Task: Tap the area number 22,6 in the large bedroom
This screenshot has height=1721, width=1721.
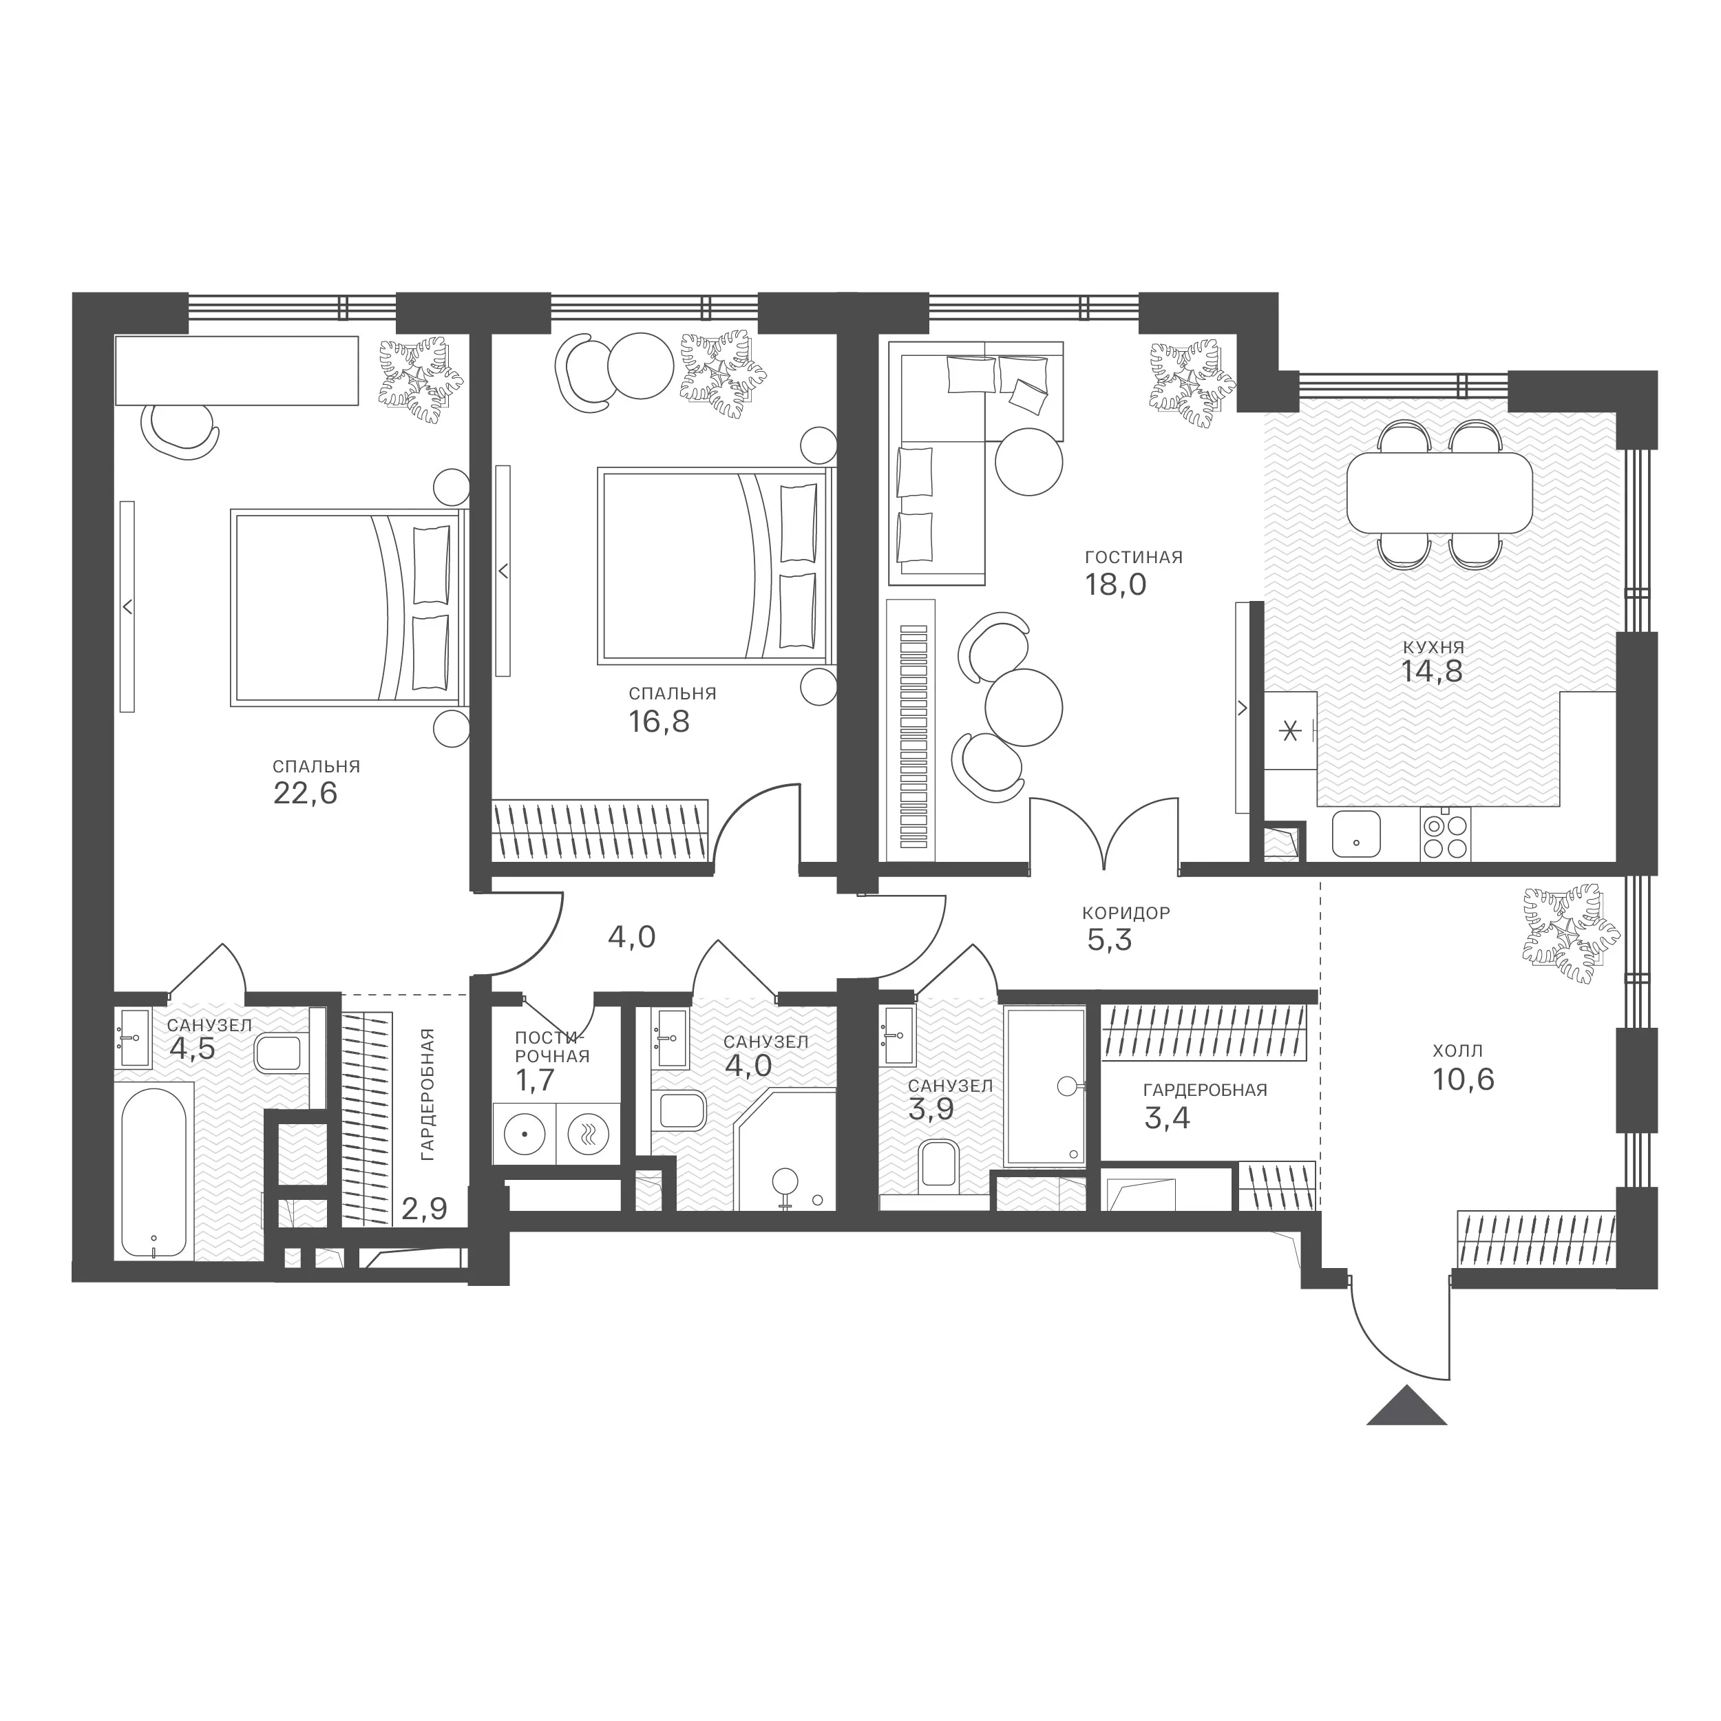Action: tap(306, 793)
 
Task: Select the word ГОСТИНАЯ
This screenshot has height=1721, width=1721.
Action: tap(1133, 558)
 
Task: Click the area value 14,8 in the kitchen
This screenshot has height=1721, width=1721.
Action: tap(1433, 671)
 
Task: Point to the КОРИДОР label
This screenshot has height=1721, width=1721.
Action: tap(1126, 913)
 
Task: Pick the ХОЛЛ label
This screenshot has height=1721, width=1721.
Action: tap(1458, 1051)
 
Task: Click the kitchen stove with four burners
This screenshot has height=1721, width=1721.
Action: tap(1446, 836)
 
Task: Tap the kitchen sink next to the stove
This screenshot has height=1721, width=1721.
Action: tap(1355, 834)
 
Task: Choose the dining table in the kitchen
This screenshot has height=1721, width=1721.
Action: tap(1439, 493)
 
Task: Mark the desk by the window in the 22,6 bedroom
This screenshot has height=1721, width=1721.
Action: tap(236, 370)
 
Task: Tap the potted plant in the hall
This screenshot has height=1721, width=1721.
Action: tap(1570, 927)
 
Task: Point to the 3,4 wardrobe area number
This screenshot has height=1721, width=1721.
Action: tap(1167, 1118)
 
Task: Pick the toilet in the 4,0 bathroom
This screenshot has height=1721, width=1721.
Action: tap(679, 1110)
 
